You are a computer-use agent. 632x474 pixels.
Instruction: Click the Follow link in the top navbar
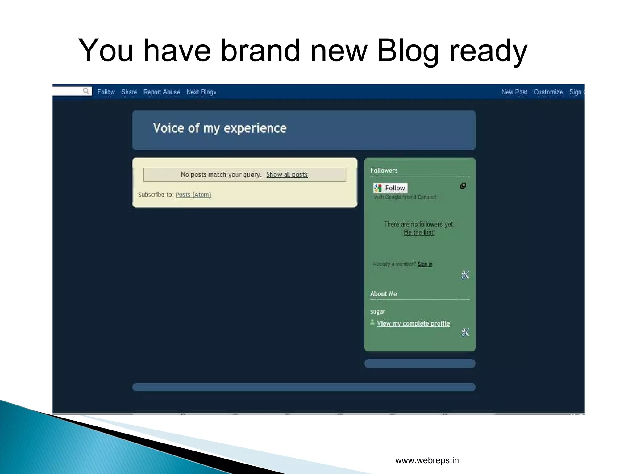106,92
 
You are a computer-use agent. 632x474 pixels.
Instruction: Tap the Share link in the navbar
129,92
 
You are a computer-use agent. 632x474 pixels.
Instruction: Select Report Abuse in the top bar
161,92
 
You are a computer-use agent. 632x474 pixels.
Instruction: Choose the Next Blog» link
201,92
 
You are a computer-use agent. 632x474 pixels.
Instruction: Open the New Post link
514,92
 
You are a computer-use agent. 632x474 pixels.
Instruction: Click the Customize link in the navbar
548,92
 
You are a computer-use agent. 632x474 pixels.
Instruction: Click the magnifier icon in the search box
86,91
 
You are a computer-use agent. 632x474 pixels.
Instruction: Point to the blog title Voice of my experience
220,128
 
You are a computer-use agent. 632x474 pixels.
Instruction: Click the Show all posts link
287,174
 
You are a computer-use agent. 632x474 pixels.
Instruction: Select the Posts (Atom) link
193,195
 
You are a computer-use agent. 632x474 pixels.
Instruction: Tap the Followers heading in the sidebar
384,170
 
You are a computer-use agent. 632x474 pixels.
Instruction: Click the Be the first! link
419,232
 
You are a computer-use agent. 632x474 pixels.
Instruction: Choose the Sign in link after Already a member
425,264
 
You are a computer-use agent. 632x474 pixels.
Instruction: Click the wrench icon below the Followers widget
465,275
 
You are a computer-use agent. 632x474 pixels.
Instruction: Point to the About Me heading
384,294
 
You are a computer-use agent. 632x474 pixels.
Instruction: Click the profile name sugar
378,311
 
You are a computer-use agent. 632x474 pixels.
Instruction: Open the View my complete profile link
413,323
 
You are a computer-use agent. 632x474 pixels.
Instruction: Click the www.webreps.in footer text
427,460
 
